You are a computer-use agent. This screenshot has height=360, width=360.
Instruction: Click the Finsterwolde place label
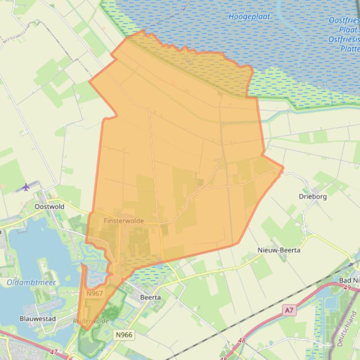pyautogui.click(x=124, y=221)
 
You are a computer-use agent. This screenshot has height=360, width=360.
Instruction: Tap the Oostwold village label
pyautogui.click(x=49, y=206)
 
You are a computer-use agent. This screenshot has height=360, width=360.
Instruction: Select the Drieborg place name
pyautogui.click(x=313, y=196)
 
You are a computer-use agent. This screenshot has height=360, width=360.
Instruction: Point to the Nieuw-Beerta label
pyautogui.click(x=279, y=250)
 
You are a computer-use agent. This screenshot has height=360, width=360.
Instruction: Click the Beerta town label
pyautogui.click(x=151, y=297)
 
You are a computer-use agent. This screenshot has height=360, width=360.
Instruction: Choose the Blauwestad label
pyautogui.click(x=37, y=319)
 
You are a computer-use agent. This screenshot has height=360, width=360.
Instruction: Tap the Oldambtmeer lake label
pyautogui.click(x=31, y=282)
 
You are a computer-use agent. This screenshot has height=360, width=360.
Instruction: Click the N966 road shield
pyautogui.click(x=124, y=335)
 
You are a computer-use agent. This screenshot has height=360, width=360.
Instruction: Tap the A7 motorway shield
pyautogui.click(x=289, y=310)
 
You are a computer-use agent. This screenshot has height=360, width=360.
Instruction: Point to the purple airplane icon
pyautogui.click(x=26, y=187)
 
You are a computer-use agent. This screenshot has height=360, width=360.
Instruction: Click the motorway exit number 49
pyautogui.click(x=346, y=288)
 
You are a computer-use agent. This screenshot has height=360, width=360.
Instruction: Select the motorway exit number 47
pyautogui.click(x=54, y=352)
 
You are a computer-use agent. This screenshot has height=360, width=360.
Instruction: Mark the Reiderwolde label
pyautogui.click(x=91, y=321)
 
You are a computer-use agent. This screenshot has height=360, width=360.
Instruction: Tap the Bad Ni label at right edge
pyautogui.click(x=349, y=280)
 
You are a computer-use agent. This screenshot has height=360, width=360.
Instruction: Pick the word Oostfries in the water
pyautogui.click(x=344, y=21)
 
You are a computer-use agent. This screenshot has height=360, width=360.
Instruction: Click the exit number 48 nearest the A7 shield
pyautogui.click(x=242, y=340)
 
